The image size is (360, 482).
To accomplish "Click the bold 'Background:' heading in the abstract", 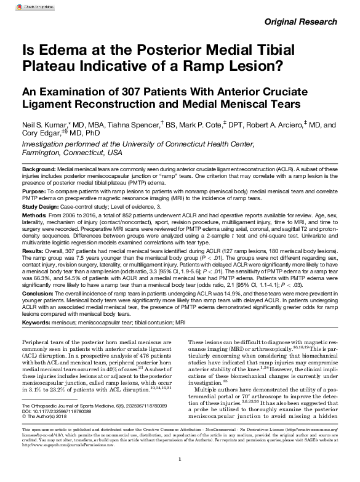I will coord(39,169).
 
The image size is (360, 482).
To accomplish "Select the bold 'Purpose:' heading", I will coord(36,191).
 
